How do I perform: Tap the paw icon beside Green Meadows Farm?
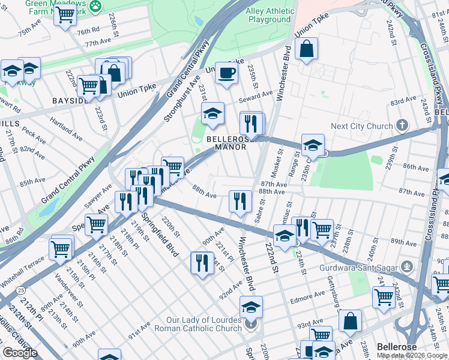point(95,5)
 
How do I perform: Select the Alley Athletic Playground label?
point(270,16)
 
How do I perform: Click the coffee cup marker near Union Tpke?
point(226,73)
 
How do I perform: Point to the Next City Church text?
point(362,127)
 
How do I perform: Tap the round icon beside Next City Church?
point(403,127)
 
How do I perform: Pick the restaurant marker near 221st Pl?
point(202,263)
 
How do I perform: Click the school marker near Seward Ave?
point(212,113)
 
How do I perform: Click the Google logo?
point(20,353)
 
